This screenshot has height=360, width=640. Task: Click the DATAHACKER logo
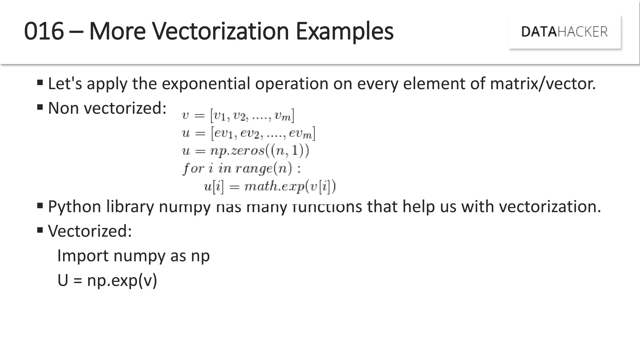[x=564, y=32]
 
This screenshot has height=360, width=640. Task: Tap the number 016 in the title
[x=44, y=31]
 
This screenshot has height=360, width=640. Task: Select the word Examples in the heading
[x=344, y=32]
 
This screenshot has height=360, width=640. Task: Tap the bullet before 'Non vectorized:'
[x=40, y=107]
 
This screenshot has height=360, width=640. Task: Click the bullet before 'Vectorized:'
[x=40, y=230]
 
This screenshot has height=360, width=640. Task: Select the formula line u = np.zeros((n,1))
[x=245, y=151]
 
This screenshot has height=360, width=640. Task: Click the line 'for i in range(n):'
[x=242, y=169]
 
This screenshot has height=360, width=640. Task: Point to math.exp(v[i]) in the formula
[x=290, y=187]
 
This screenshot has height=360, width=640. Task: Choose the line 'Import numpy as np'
[x=133, y=256]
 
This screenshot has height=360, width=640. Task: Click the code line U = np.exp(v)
[x=107, y=280]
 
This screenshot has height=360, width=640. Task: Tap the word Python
[x=74, y=207]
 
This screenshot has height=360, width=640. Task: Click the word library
[x=130, y=207]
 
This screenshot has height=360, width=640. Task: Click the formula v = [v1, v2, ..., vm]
[x=238, y=116]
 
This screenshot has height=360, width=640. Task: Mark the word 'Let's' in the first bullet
[x=65, y=84]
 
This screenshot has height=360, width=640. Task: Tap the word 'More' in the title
[x=117, y=31]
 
